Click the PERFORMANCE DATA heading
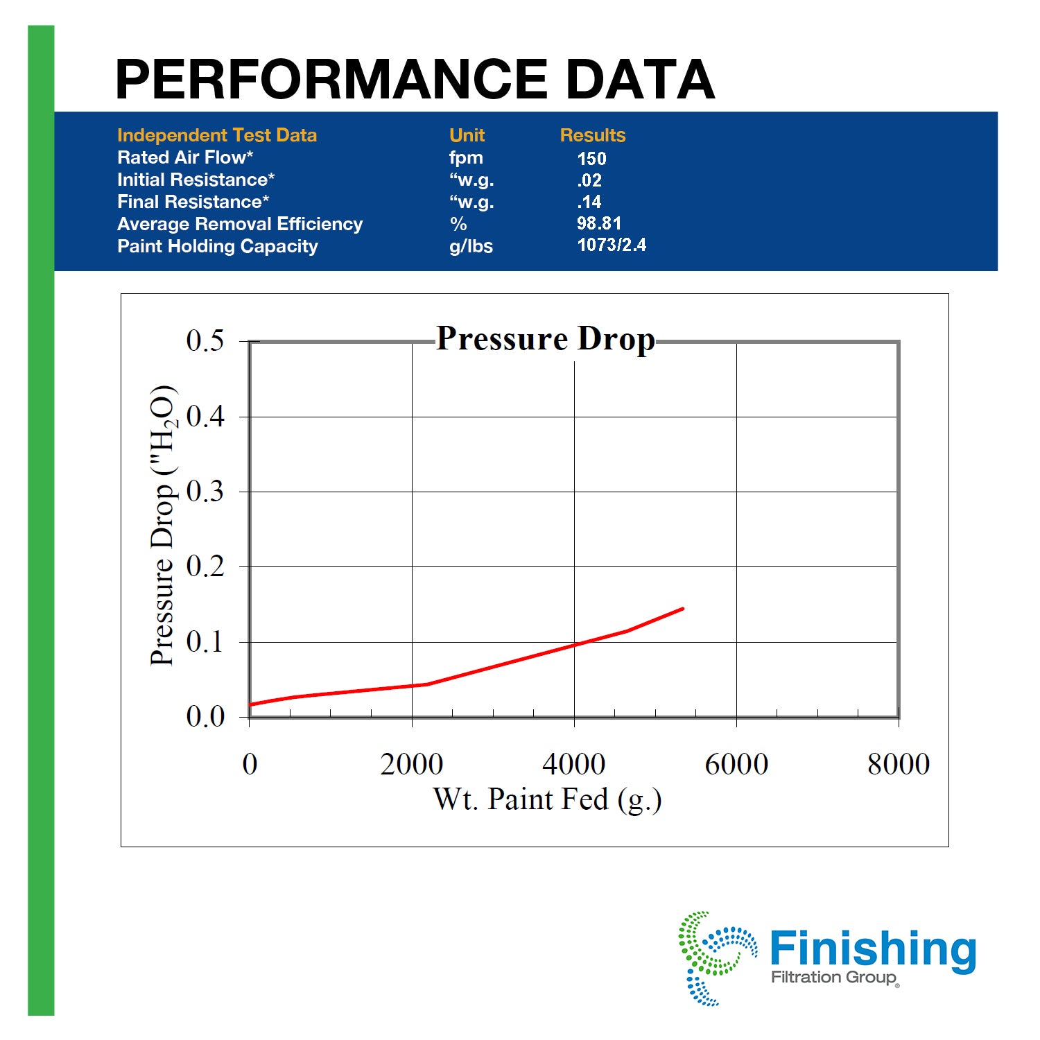point(415,79)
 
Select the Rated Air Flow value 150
point(591,159)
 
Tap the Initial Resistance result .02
point(589,180)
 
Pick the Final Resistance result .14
point(589,202)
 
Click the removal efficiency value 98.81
point(599,223)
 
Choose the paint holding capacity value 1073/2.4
point(612,245)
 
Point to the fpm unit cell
point(466,158)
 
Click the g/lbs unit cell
point(471,246)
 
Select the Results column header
point(593,135)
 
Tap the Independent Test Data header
point(217,135)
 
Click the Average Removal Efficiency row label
point(240,224)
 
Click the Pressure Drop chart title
point(546,339)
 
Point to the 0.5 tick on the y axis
point(205,340)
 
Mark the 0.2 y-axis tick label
point(205,566)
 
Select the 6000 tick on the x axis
point(736,764)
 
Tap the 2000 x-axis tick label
point(412,764)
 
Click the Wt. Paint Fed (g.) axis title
point(548,799)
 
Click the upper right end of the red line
point(683,609)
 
